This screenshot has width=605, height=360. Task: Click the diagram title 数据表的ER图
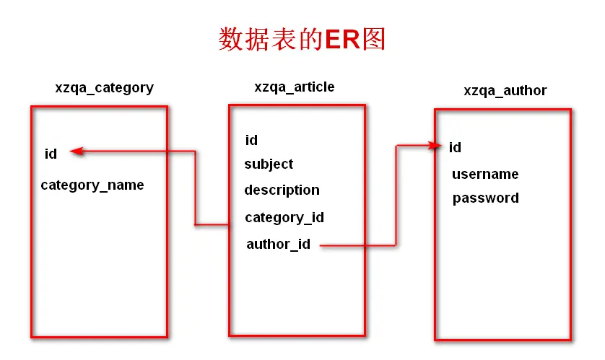[302, 39]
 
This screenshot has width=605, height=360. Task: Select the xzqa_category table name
[104, 88]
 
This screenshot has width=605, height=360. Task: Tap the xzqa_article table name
[295, 87]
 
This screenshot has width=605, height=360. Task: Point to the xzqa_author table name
[505, 91]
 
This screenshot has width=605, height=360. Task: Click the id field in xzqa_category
[51, 153]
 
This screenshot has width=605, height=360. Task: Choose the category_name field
[92, 185]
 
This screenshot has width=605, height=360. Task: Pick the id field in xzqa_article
[251, 140]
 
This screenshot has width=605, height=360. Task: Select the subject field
[269, 164]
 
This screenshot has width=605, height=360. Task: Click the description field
[282, 190]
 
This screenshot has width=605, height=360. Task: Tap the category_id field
[284, 218]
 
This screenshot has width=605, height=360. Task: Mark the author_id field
[279, 245]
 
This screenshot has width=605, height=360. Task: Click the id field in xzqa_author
[455, 148]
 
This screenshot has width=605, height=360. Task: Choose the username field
[485, 175]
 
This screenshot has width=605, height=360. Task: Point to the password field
[486, 198]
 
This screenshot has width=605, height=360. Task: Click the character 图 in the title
[375, 39]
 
